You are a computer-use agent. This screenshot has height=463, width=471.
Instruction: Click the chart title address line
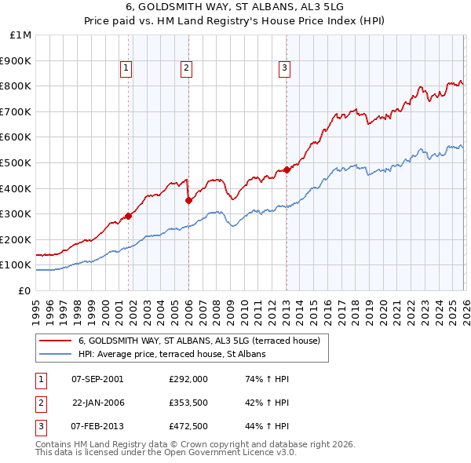pyautogui.click(x=235, y=8)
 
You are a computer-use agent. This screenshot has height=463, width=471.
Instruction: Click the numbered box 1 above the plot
pyautogui.click(x=127, y=69)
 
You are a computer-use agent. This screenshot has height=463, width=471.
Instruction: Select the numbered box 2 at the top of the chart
pyautogui.click(x=186, y=69)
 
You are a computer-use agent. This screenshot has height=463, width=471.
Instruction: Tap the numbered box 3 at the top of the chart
pyautogui.click(x=283, y=69)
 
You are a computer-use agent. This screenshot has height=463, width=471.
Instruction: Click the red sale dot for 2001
pyautogui.click(x=128, y=216)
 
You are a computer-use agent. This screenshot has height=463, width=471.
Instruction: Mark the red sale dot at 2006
pyautogui.click(x=188, y=200)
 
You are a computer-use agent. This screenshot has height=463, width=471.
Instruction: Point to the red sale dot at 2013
pyautogui.click(x=287, y=170)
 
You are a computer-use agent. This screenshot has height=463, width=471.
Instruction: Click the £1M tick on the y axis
pyautogui.click(x=21, y=35)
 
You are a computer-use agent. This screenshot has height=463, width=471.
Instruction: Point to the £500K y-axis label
pyautogui.click(x=17, y=162)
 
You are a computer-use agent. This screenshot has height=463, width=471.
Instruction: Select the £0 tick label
pyautogui.click(x=25, y=290)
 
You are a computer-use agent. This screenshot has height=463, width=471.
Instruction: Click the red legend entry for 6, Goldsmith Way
pyautogui.click(x=199, y=341)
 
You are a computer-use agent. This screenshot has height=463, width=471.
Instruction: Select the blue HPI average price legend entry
pyautogui.click(x=172, y=354)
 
